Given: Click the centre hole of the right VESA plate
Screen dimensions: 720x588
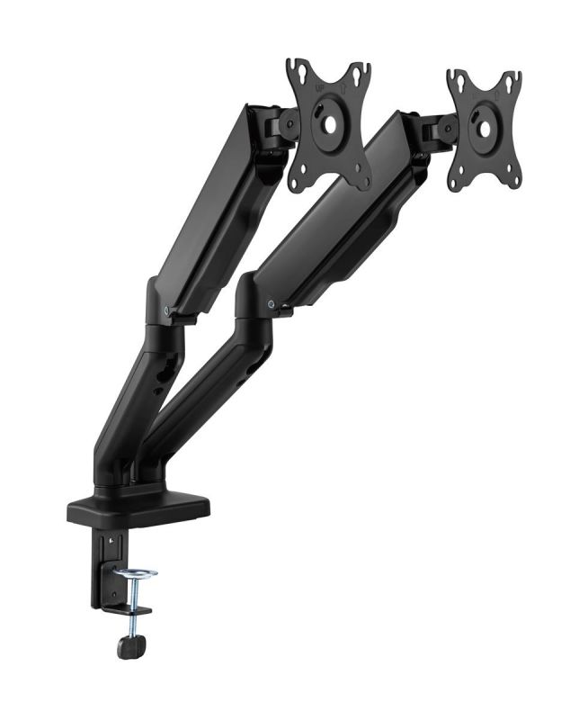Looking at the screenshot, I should [483, 128].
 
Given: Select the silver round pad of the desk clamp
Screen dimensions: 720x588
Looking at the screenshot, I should [134, 573].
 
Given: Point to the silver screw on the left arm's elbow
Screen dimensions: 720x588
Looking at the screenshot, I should [169, 307].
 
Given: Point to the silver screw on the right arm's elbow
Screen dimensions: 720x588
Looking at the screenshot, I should [272, 305].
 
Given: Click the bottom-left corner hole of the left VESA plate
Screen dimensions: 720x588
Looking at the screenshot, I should [298, 181].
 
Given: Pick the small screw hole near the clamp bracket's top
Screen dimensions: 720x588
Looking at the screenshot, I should [111, 543].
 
